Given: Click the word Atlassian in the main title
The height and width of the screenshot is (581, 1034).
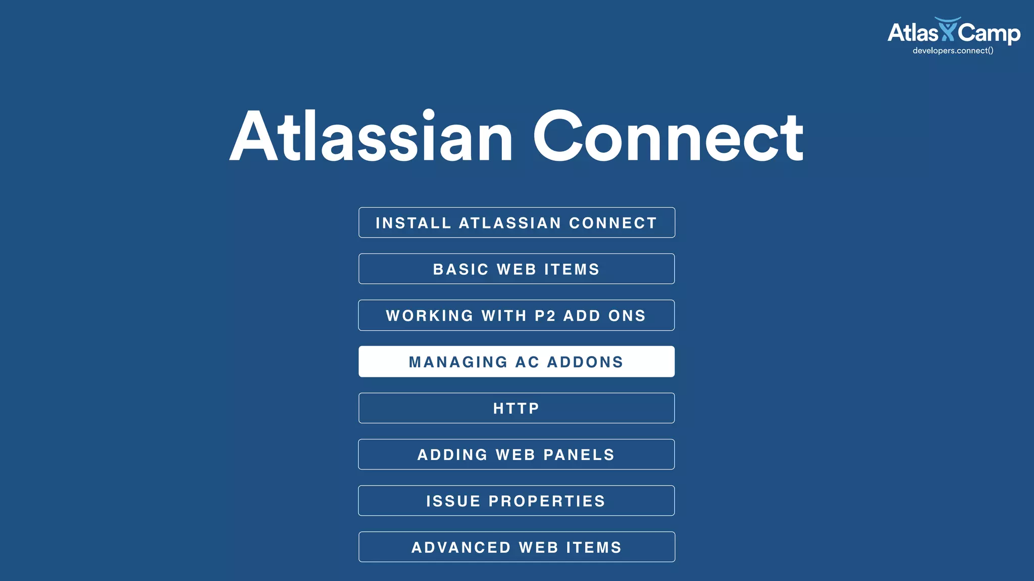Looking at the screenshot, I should [x=371, y=136].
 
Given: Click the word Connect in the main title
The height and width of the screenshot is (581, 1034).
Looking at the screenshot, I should [x=668, y=136].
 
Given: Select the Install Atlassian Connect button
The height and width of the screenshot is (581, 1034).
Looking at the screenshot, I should [x=516, y=222].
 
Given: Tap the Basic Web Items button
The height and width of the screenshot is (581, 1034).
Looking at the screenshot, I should [x=516, y=269].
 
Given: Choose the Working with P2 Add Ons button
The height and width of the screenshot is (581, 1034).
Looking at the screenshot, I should [x=516, y=315].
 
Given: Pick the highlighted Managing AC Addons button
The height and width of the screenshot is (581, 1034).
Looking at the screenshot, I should [x=516, y=362].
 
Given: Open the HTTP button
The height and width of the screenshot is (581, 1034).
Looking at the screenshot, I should [x=516, y=408].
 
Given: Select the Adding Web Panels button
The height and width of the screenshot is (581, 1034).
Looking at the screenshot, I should [x=516, y=454].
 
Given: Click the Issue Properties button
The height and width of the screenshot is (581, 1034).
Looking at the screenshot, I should [x=516, y=501].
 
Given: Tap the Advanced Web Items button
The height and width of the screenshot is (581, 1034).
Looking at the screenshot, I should [x=516, y=547].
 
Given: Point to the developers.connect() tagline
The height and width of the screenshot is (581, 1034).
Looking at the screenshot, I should [x=953, y=50].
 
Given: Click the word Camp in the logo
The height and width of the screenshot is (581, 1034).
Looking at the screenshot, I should [x=989, y=33].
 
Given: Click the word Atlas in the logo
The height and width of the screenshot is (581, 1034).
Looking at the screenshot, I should [x=912, y=33].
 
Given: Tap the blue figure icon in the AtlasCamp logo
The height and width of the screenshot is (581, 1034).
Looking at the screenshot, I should [x=948, y=29].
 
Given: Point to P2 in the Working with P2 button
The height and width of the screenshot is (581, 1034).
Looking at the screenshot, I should [x=545, y=316].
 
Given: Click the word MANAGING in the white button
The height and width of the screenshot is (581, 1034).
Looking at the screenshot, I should [x=458, y=362].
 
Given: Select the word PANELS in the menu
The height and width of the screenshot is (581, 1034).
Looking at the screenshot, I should [x=579, y=455].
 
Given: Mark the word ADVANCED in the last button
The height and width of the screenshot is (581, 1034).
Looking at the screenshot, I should [x=461, y=548].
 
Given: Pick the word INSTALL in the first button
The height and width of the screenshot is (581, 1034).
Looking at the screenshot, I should [x=413, y=223].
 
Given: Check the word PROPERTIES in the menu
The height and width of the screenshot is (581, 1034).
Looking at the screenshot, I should [x=547, y=501].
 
